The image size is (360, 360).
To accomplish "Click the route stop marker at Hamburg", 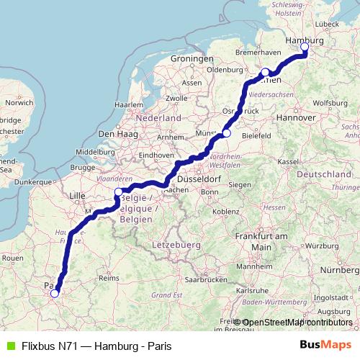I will click(305, 47).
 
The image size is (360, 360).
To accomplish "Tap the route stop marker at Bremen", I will click(265, 71).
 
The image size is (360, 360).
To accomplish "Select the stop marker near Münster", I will click(227, 132).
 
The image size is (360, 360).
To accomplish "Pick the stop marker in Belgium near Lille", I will click(119, 192).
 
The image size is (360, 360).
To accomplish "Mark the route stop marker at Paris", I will click(54, 293).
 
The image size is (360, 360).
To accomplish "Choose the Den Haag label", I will click(116, 133).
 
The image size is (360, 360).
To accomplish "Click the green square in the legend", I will click(9, 345).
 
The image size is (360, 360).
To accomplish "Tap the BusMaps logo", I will click(325, 345).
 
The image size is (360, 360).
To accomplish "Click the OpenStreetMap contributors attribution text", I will click(297, 323).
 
